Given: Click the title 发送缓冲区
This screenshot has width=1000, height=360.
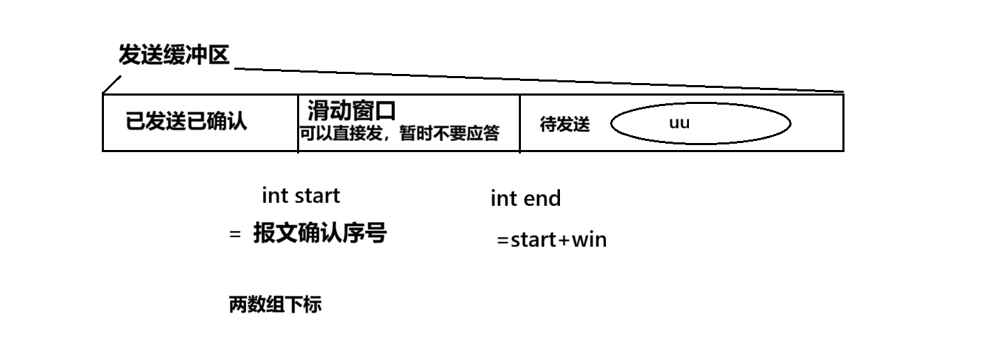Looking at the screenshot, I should pyautogui.click(x=174, y=55).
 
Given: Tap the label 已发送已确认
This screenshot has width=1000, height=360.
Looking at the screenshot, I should pyautogui.click(x=185, y=121).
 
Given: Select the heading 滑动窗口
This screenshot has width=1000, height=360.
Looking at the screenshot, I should pyautogui.click(x=351, y=110).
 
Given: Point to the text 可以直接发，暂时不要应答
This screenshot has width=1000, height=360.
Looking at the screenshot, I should pyautogui.click(x=400, y=134).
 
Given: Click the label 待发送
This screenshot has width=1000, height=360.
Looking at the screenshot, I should pyautogui.click(x=565, y=124).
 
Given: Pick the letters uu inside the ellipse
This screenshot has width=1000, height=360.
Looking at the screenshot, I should pyautogui.click(x=679, y=123).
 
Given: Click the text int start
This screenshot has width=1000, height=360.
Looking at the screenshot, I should pyautogui.click(x=301, y=195).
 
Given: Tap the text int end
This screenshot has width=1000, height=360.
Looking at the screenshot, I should pyautogui.click(x=525, y=199).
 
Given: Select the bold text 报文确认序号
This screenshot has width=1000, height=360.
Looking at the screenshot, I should pyautogui.click(x=319, y=233).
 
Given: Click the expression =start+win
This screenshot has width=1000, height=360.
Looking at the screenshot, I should pyautogui.click(x=552, y=240).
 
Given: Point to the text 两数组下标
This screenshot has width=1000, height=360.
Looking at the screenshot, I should pyautogui.click(x=275, y=305).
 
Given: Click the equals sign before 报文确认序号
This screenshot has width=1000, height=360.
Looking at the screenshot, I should pyautogui.click(x=234, y=235).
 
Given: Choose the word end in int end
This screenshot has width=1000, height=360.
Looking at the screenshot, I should pyautogui.click(x=543, y=199).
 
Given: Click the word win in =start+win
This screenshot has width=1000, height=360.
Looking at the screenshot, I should pyautogui.click(x=589, y=240).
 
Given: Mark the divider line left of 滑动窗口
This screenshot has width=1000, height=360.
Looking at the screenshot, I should pyautogui.click(x=298, y=122).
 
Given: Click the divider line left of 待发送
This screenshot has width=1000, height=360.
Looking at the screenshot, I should pyautogui.click(x=520, y=122).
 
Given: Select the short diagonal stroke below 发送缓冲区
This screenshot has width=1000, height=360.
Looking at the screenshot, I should pyautogui.click(x=111, y=84).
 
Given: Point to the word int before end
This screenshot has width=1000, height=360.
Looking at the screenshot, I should pyautogui.click(x=503, y=199).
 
